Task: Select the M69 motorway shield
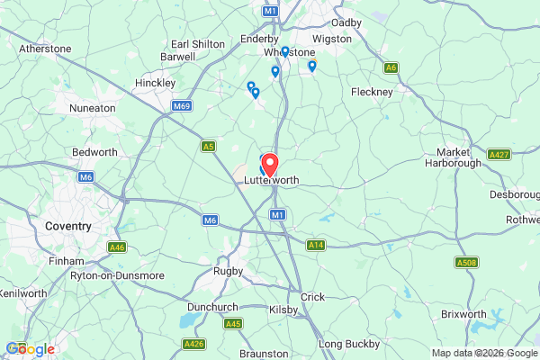pyautogui.click(x=182, y=106)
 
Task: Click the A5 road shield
pyautogui.click(x=209, y=145)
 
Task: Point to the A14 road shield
pyautogui.click(x=315, y=245)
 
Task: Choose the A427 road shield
pyautogui.click(x=499, y=155)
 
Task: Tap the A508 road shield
pyautogui.click(x=465, y=263)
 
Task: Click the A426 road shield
pyautogui.click(x=193, y=344)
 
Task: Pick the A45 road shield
pyautogui.click(x=233, y=323)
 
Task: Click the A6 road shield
pyautogui.click(x=391, y=67)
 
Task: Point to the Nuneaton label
pyautogui.click(x=93, y=108)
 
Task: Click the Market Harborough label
pyautogui.click(x=460, y=157)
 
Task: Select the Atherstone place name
pyautogui.click(x=45, y=48)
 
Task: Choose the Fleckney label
pyautogui.click(x=372, y=92)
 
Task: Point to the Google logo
pyautogui.click(x=30, y=349)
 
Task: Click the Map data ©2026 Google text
pyautogui.click(x=483, y=353)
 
